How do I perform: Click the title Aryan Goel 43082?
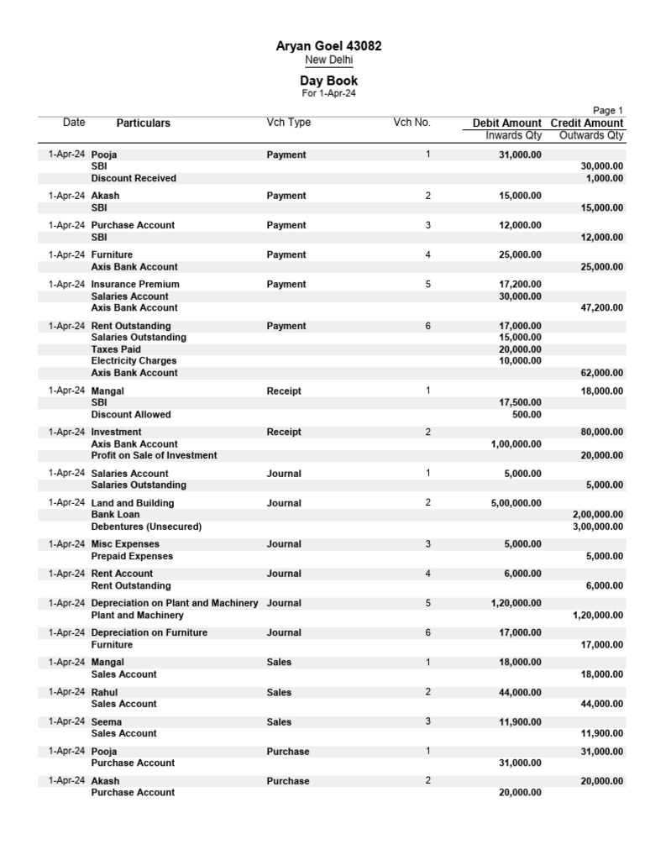[328, 46]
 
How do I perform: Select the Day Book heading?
[328, 81]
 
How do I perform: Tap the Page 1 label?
[607, 110]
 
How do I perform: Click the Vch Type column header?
[288, 123]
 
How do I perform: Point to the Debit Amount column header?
[506, 123]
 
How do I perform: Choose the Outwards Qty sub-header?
[591, 135]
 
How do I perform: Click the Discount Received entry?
[134, 178]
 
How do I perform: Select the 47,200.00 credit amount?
[601, 308]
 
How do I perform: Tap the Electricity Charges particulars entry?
[134, 361]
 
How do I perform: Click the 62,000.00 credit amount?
[601, 373]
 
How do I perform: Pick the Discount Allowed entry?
[130, 414]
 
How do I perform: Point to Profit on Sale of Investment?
[154, 455]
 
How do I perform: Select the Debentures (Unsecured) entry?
[146, 527]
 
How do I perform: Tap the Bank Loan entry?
[115, 514]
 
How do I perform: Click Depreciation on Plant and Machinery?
[174, 603]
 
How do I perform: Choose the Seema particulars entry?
[106, 722]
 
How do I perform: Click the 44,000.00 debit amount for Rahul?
[520, 692]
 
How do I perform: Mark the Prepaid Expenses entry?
[132, 556]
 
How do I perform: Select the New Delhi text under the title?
[328, 60]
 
